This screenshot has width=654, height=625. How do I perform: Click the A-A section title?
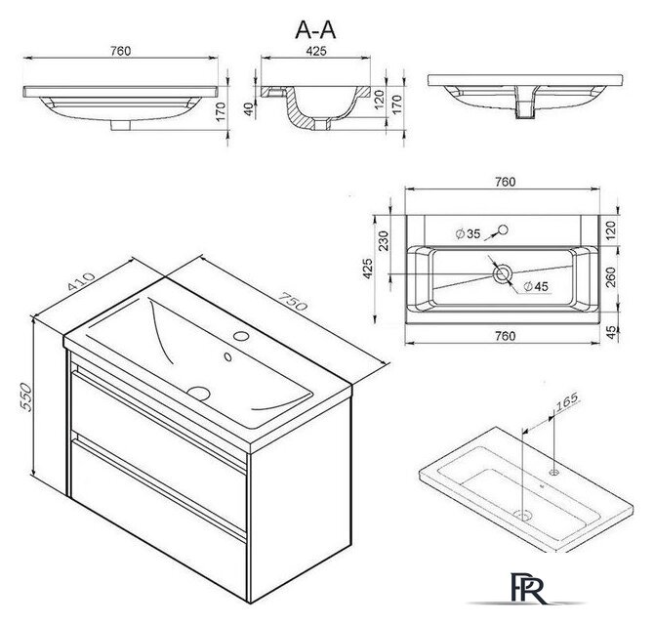coord(315,30)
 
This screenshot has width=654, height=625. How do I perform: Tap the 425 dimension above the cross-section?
coord(316,51)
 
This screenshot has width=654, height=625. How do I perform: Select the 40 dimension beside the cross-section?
coord(249,109)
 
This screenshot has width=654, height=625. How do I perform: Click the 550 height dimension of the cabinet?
coord(25,396)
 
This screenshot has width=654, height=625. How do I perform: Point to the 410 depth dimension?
coord(81,281)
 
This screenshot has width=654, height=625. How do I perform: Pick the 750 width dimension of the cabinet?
coord(293,301)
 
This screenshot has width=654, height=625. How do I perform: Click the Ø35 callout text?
coord(468,234)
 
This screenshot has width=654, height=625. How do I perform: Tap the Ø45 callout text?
coord(536,286)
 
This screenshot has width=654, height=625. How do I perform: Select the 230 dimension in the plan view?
coord(383,241)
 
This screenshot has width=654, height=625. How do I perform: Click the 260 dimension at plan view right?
coord(611,277)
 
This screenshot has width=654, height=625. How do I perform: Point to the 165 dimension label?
coord(567,400)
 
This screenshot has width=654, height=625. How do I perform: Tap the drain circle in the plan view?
coord(502,274)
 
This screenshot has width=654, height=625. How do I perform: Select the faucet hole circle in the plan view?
coord(503,229)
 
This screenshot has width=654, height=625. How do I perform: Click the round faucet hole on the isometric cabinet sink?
coord(241,335)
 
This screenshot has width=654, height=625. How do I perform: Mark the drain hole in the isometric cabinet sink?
coord(198,393)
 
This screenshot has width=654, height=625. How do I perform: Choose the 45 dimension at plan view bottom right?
coord(611,332)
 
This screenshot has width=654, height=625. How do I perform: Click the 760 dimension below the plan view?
coord(505,336)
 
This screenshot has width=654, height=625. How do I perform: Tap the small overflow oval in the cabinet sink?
coord(227,356)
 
